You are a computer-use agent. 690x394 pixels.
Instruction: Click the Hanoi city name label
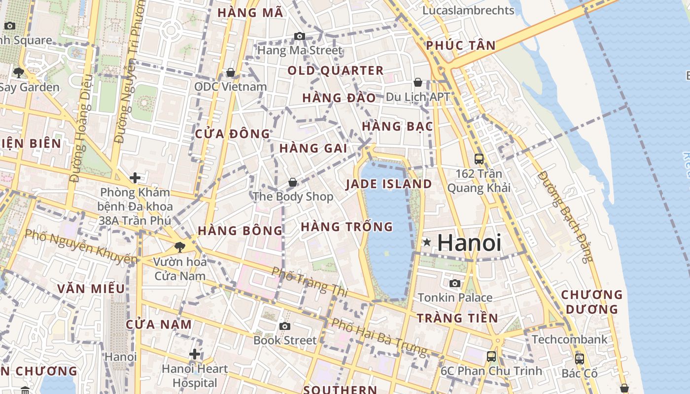[x=469, y=243]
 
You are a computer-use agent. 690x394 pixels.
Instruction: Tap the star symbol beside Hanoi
[x=427, y=242]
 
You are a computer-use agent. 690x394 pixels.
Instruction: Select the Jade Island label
[x=388, y=184]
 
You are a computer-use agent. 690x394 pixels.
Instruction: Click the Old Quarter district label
[x=335, y=71]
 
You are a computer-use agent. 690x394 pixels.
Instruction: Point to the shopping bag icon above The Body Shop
[x=293, y=183]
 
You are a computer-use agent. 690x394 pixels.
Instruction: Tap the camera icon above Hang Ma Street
[x=299, y=36]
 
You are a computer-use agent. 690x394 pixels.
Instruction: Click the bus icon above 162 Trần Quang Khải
[x=479, y=159]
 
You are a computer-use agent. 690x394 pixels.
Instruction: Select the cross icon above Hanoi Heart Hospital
[x=195, y=354]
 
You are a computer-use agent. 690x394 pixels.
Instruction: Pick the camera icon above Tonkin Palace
[x=454, y=283]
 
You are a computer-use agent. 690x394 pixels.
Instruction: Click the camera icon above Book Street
[x=284, y=326]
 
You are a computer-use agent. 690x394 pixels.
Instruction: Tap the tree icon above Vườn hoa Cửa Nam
[x=179, y=247]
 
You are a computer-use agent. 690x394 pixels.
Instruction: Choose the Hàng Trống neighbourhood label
[x=346, y=227]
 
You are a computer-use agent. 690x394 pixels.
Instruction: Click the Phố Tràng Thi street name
[x=310, y=281]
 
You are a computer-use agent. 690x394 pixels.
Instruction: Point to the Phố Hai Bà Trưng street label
[x=379, y=337]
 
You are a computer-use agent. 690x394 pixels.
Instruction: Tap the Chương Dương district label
[x=592, y=302]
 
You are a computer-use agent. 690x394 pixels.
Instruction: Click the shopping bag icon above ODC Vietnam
[x=230, y=72]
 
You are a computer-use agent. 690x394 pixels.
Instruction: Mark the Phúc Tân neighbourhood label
[x=461, y=46]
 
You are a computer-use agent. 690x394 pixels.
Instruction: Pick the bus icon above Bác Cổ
[x=580, y=359]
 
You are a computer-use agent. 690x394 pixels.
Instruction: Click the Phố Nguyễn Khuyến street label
[x=81, y=246]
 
